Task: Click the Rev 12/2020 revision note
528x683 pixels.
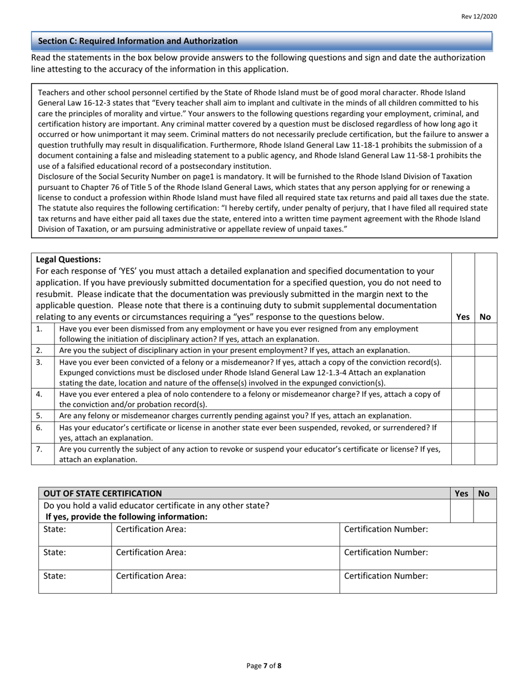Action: [479, 17]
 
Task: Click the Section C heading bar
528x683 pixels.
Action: [261, 41]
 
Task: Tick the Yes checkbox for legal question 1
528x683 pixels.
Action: [463, 334]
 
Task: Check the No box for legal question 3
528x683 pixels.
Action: [485, 372]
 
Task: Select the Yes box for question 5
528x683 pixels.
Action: [463, 416]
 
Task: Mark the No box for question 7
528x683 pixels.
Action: [485, 454]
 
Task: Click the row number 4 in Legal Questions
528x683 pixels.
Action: [39, 394]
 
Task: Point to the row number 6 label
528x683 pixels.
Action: [39, 428]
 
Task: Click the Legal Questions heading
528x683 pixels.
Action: [68, 259]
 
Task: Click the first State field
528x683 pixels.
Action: [75, 534]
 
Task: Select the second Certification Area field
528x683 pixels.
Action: [225, 558]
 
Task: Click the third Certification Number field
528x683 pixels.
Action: [418, 581]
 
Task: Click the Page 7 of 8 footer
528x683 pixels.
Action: [264, 666]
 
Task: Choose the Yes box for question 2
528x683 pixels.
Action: [463, 350]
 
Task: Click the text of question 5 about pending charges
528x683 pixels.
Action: [235, 416]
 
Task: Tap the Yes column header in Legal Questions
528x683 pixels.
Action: [462, 317]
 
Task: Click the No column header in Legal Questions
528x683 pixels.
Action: [485, 317]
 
